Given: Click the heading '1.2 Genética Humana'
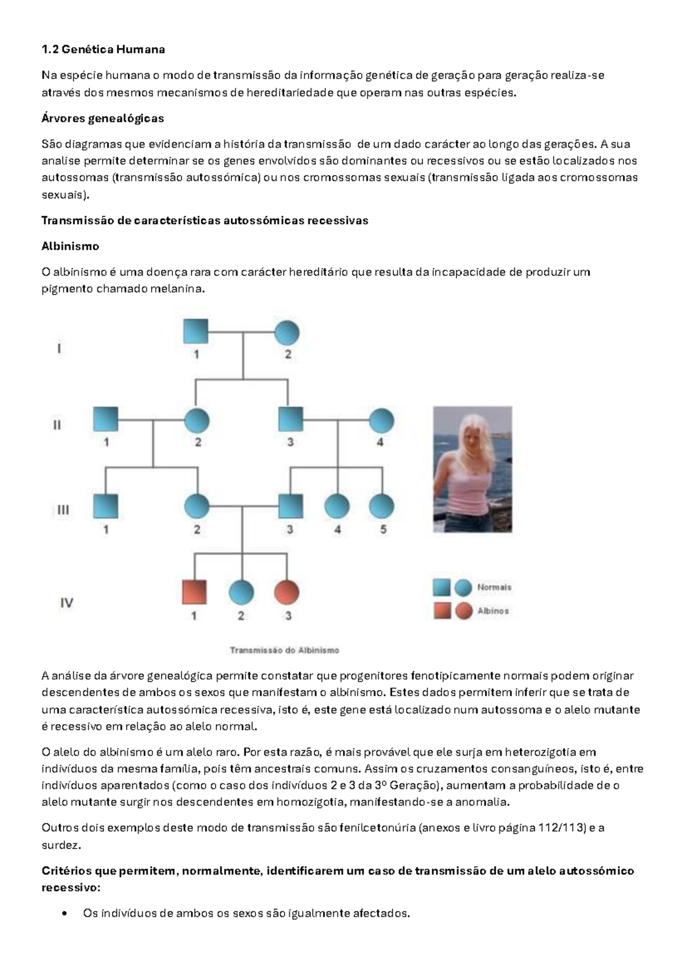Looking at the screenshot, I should [x=103, y=49].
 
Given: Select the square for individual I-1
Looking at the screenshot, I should [x=195, y=333].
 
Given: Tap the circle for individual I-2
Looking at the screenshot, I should [x=287, y=333].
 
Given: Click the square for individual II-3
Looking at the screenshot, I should [x=290, y=420].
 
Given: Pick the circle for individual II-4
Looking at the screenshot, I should [x=381, y=421].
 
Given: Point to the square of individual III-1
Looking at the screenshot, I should [x=105, y=506].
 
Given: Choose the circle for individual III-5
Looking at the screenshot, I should [x=382, y=507].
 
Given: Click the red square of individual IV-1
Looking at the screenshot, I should [x=194, y=592].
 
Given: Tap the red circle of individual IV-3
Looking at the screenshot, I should [x=287, y=593].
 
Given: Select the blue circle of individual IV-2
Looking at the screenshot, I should [x=241, y=593].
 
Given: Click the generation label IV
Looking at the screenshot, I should [x=66, y=602].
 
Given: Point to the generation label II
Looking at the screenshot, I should [x=57, y=425].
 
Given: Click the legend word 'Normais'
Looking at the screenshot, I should [x=494, y=587].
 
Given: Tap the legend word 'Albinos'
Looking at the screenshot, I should [x=493, y=611].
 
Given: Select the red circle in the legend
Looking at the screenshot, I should [x=464, y=611].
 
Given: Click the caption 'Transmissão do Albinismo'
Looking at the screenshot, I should [x=285, y=650].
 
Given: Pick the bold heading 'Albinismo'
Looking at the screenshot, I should [x=70, y=246].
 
